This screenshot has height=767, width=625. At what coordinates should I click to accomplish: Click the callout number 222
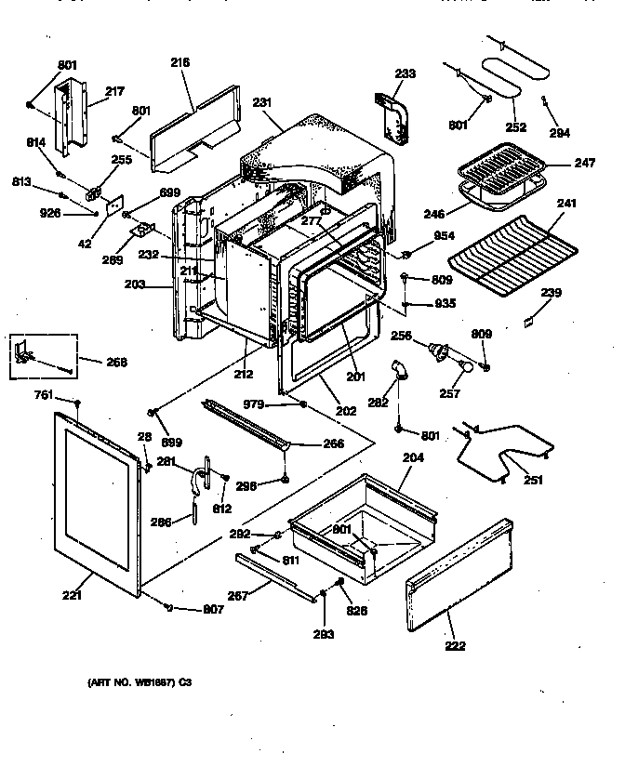[x=455, y=645]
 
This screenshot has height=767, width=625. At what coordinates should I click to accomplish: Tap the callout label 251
[x=533, y=480]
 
